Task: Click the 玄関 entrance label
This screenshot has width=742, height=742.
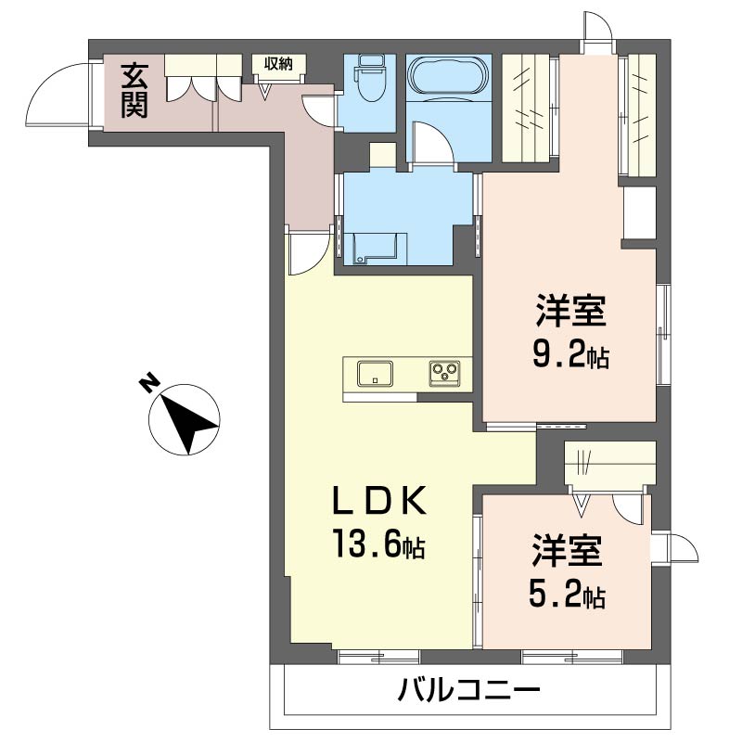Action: point(134,90)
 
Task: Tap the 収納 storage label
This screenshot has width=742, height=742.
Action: point(277,64)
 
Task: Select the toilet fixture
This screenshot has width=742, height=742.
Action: point(368,82)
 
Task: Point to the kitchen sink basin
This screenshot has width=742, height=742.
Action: point(375,374)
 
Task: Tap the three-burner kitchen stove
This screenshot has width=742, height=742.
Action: point(446,374)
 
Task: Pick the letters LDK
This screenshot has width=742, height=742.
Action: point(381,501)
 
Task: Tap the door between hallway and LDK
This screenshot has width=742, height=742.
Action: point(306,253)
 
